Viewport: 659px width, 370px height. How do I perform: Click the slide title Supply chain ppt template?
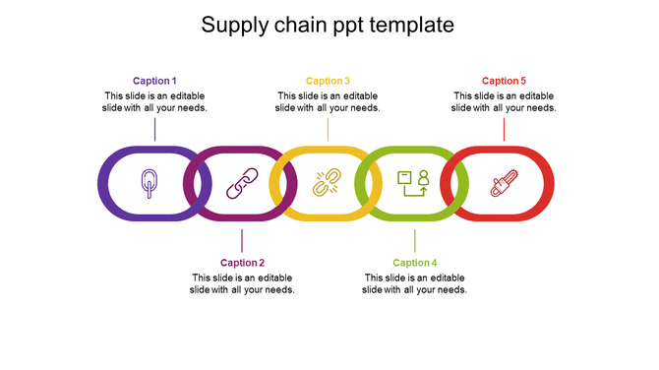tap(328, 26)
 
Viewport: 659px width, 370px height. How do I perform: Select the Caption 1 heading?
tap(155, 81)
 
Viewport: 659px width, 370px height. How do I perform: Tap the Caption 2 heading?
tap(242, 263)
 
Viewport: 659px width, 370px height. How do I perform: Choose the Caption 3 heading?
tap(328, 81)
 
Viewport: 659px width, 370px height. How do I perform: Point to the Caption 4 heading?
tap(414, 263)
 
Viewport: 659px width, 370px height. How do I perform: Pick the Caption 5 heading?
tap(504, 81)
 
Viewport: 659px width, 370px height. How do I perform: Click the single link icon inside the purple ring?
tap(150, 183)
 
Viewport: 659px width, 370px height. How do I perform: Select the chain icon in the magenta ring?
tap(241, 184)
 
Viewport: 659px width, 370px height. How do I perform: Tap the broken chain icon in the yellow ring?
tap(327, 184)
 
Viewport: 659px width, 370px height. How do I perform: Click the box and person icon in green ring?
tap(413, 184)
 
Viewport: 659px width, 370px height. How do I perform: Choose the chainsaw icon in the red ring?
tap(503, 184)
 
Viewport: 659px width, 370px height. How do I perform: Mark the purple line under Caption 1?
tap(155, 129)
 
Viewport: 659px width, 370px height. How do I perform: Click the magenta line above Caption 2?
tap(242, 241)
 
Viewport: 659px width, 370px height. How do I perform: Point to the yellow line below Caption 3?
tap(328, 129)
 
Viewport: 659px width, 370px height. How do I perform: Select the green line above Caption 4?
tap(414, 241)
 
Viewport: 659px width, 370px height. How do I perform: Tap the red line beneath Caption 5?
tap(504, 129)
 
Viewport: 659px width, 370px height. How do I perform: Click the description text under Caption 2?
tap(242, 283)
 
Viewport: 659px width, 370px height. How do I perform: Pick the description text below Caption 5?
tap(504, 101)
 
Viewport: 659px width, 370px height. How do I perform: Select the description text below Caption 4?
tap(414, 283)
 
